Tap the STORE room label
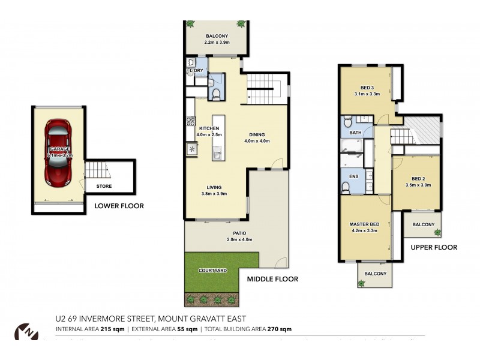104,187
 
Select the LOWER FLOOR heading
119,206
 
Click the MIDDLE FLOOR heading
272,279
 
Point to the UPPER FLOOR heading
434,247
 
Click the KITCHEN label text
209,128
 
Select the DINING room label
257,134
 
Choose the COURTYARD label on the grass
212,271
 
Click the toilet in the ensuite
346,188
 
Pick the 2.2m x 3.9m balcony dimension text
217,43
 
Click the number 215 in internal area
106,329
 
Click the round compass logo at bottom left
25,332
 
